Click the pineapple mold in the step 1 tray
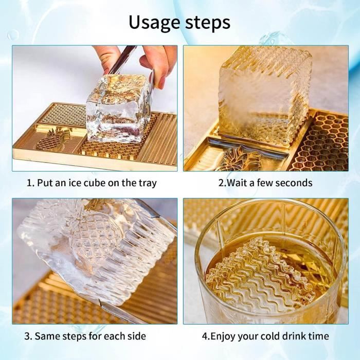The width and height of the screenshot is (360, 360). [x=53, y=139]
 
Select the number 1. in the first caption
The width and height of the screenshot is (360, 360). [x=30, y=183]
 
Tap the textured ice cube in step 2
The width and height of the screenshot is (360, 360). [x=265, y=93]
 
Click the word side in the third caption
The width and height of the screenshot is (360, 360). [x=135, y=337]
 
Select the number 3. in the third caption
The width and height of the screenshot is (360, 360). [x=29, y=337]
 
